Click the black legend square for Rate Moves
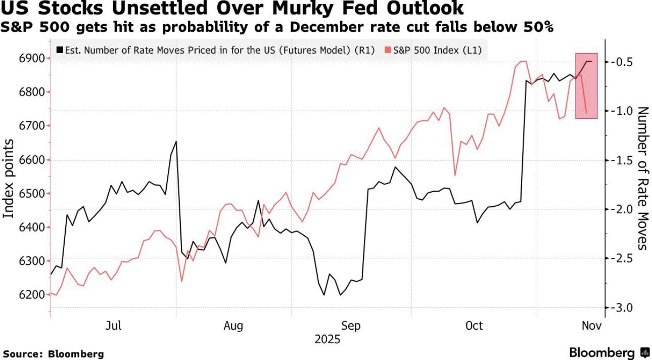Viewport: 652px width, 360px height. point(60,50)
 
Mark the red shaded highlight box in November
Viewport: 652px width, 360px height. point(586,85)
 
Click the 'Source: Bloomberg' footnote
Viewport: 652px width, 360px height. point(53,354)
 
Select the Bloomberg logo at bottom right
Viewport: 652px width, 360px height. point(609,352)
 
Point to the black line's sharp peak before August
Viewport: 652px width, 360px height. point(176,142)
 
